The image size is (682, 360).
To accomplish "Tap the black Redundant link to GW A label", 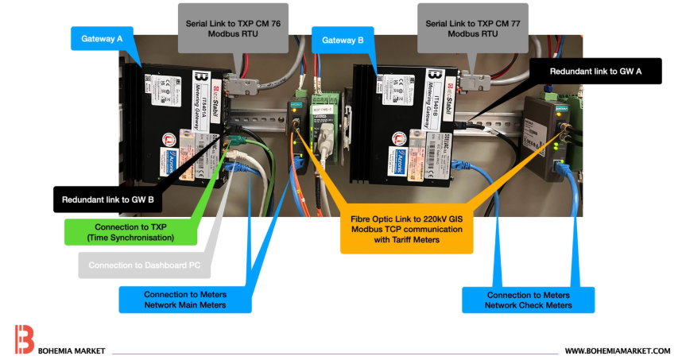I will (595, 70).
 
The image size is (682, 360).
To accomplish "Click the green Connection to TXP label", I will (130, 231).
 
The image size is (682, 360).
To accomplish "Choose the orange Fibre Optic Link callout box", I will (406, 230).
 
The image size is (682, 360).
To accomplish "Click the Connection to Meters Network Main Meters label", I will (184, 299).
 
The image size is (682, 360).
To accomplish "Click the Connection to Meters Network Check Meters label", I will (529, 299).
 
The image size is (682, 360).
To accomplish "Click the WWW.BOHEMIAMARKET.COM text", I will (617, 350).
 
